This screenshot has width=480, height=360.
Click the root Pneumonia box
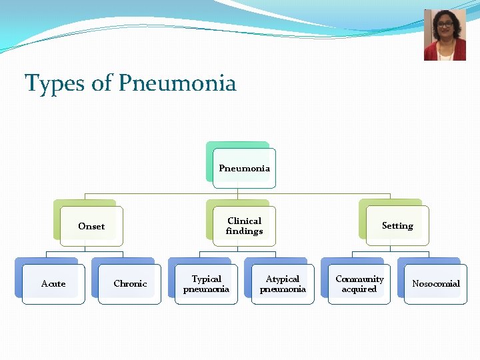tap(244, 168)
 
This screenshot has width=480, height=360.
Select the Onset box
tap(91, 226)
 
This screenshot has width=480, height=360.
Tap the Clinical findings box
tap(244, 226)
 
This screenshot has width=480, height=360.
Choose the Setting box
tap(397, 226)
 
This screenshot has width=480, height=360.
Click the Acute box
tap(53, 284)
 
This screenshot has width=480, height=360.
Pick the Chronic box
tap(130, 284)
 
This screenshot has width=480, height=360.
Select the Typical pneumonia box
tap(206, 284)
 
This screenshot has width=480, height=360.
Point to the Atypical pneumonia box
tap(283, 284)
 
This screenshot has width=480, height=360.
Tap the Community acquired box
tap(359, 284)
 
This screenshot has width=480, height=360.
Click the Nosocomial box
tap(436, 284)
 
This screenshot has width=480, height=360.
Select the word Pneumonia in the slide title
tap(177, 84)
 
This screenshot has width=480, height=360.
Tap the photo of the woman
tap(445, 35)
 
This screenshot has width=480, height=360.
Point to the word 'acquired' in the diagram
tap(359, 289)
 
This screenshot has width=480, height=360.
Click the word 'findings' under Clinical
tap(244, 231)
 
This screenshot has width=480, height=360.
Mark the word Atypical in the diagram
tap(283, 279)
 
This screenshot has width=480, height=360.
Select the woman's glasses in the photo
tap(445, 27)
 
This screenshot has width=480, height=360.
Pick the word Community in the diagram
tap(359, 279)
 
